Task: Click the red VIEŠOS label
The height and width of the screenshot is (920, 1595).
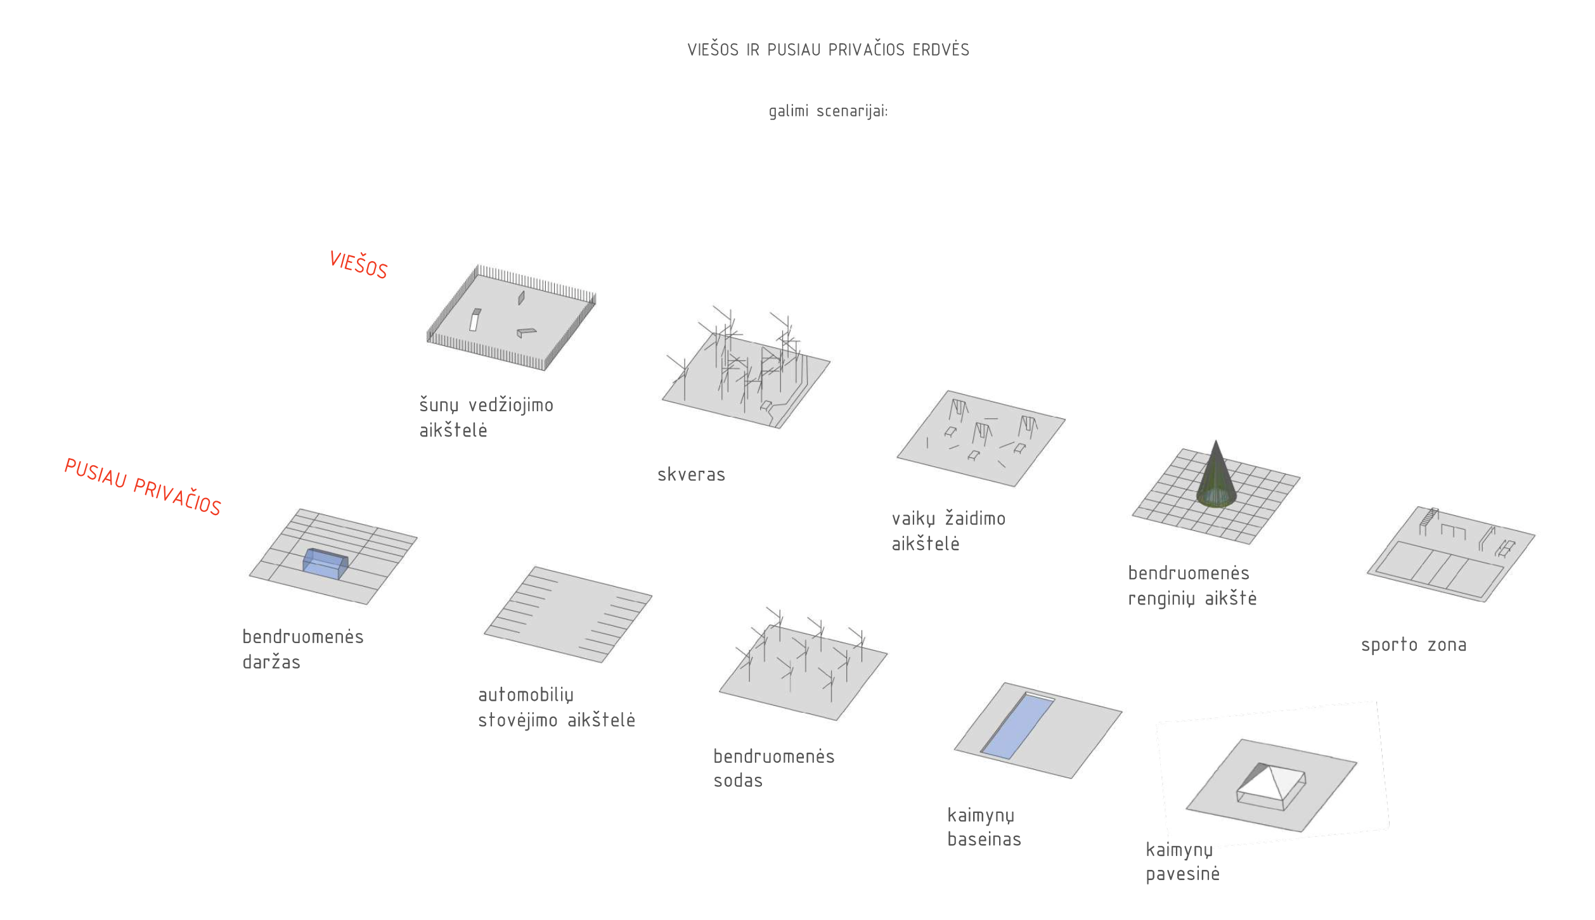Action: [358, 265]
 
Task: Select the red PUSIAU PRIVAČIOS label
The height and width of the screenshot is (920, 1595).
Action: [143, 487]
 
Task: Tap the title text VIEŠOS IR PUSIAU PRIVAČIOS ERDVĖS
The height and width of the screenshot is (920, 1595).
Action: [828, 50]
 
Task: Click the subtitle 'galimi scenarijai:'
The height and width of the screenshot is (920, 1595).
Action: [828, 112]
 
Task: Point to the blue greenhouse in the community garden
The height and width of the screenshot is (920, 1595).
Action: [325, 563]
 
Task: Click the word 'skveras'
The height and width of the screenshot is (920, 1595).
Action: [691, 475]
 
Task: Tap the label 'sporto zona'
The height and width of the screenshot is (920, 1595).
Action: [1413, 645]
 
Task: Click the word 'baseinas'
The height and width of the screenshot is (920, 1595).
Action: [984, 840]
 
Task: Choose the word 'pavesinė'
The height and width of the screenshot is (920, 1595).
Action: [1182, 874]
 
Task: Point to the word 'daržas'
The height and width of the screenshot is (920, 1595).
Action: [271, 662]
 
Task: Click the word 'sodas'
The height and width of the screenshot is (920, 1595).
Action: [738, 781]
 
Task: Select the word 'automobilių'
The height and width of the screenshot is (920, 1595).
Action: [526, 695]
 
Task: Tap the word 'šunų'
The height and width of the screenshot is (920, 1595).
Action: [438, 406]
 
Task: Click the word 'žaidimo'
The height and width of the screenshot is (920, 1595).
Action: [975, 518]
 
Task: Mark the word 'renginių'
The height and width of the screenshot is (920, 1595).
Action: [1161, 599]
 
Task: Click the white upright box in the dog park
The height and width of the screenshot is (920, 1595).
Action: [474, 320]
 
